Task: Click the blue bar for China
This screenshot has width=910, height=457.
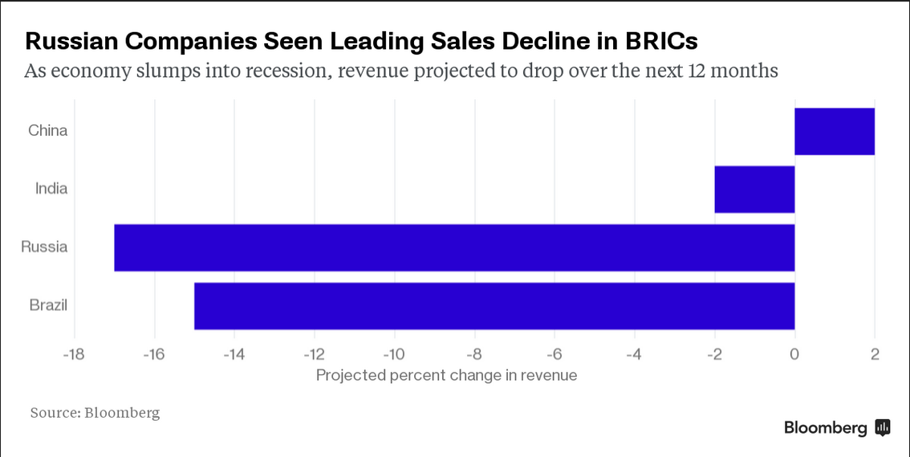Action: point(835,131)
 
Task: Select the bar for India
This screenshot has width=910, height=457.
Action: point(754,190)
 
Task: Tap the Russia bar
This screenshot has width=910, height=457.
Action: point(454,247)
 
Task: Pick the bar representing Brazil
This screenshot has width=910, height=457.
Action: point(494,306)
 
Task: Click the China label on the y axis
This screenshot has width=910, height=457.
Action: point(47,130)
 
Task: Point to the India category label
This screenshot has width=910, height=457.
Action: point(51,189)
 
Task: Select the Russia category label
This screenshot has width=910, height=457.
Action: point(44,247)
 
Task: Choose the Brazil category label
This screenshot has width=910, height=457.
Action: point(48,305)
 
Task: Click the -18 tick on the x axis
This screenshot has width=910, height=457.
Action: point(74,354)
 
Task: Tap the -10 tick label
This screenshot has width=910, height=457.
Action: point(394,354)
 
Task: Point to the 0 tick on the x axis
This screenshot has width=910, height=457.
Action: point(794,354)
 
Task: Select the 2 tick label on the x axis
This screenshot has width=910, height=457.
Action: point(875,354)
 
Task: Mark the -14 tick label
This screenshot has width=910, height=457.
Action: point(234,354)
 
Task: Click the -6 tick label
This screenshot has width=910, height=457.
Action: point(555,354)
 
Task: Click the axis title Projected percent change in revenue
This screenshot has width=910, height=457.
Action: point(446,375)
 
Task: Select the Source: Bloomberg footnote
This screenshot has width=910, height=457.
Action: point(95,413)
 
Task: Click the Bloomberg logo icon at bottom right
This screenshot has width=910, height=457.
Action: point(882,427)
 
